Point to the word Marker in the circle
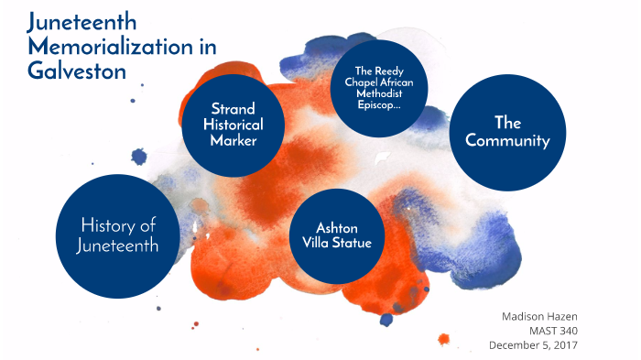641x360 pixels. (x=234, y=141)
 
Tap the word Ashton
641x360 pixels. (x=337, y=226)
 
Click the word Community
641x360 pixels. (x=507, y=141)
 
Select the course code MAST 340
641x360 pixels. (x=558, y=330)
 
